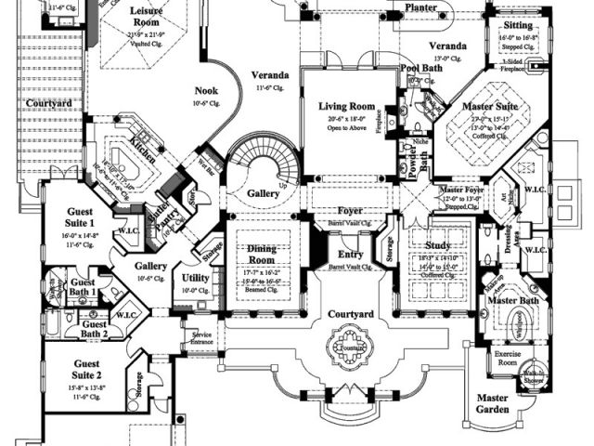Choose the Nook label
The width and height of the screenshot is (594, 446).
(206, 91)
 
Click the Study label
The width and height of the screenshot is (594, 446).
(437, 246)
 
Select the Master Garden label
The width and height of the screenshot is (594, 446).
(491, 403)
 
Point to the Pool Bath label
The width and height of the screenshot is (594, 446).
(420, 69)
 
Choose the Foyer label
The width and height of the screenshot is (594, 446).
(351, 211)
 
